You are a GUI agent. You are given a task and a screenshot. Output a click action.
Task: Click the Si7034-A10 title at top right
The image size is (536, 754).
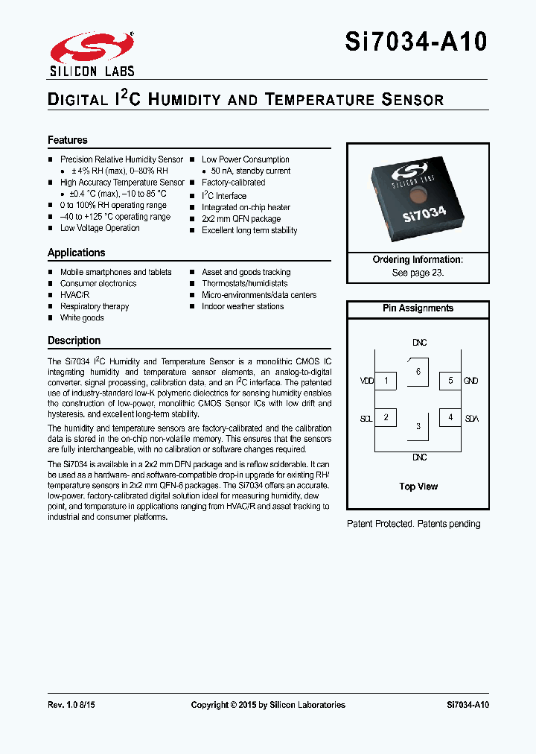click(x=416, y=41)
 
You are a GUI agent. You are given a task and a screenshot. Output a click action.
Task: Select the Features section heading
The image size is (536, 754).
click(x=68, y=140)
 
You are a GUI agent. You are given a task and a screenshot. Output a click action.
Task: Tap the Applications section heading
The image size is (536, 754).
click(x=77, y=253)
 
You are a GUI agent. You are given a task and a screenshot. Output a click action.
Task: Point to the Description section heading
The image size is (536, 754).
click(x=74, y=340)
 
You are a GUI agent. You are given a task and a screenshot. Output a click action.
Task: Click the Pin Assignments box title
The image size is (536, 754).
click(x=418, y=308)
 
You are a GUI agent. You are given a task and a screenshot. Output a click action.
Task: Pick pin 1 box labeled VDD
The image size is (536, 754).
click(x=386, y=381)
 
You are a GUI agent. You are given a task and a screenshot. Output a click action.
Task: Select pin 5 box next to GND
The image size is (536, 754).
click(x=450, y=381)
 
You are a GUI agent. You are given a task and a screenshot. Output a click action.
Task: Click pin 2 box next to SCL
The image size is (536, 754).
click(x=386, y=417)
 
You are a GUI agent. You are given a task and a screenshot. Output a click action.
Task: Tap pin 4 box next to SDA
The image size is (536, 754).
click(x=450, y=417)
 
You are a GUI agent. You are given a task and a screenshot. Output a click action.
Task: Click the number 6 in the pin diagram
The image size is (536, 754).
click(x=418, y=371)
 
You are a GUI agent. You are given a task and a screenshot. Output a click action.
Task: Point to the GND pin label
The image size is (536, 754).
click(x=470, y=381)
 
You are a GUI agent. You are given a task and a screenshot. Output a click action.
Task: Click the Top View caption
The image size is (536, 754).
click(x=418, y=487)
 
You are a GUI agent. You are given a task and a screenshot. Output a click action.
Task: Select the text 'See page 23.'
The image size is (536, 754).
click(x=418, y=273)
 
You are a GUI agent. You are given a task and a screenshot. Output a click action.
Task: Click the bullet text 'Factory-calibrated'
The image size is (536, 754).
click(x=233, y=183)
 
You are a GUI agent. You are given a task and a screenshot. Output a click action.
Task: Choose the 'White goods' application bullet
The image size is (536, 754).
click(x=82, y=318)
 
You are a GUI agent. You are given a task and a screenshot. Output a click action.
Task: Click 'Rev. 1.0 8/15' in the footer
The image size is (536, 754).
click(x=71, y=705)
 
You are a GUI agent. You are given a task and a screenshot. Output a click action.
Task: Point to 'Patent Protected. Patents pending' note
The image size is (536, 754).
click(x=414, y=524)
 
